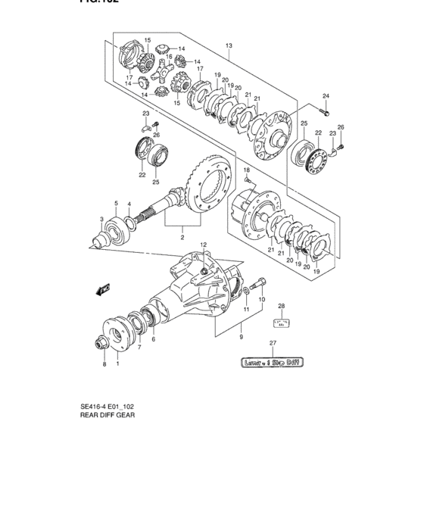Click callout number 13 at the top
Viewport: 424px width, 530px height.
[x=228, y=46]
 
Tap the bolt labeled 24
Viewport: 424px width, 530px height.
[x=323, y=111]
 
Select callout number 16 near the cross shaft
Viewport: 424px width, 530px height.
[x=170, y=57]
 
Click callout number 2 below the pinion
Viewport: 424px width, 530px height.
[x=182, y=237]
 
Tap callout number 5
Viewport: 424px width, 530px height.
[x=116, y=203]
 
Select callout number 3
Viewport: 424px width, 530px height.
[x=101, y=220]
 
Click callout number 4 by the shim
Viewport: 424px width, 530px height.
[x=129, y=204]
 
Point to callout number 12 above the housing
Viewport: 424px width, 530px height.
[x=203, y=244]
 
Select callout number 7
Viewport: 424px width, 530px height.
[x=139, y=348]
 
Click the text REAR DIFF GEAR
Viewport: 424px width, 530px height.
[x=108, y=415]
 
